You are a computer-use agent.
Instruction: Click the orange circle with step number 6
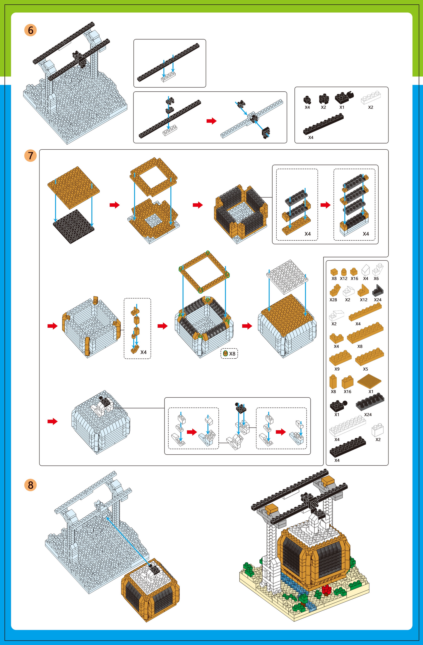coord(30,30)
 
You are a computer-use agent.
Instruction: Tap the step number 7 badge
coord(30,155)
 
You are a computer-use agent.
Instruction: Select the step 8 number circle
coord(30,485)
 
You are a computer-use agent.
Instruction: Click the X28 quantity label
coord(333,300)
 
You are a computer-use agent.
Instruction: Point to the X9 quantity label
coord(337,369)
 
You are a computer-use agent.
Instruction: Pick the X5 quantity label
coord(365,369)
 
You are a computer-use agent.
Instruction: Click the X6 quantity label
coord(376,278)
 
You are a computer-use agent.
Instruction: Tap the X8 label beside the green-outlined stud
coord(232,354)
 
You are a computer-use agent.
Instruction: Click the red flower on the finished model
coord(326,588)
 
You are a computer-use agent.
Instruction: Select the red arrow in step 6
coord(211,121)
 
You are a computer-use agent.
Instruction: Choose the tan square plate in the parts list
coord(369,381)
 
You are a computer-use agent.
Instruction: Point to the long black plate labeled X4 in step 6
coord(323,124)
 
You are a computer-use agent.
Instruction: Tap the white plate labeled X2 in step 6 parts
coord(371,97)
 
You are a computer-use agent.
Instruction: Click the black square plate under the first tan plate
coord(73,226)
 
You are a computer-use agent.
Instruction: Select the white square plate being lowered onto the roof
coord(287,277)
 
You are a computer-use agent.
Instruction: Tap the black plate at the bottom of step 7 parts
coord(348,447)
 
